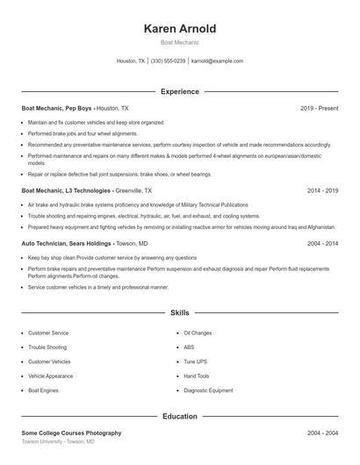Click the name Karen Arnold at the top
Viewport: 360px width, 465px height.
pyautogui.click(x=179, y=28)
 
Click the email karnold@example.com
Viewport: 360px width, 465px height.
pyautogui.click(x=217, y=61)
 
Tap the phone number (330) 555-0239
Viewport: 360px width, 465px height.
pyautogui.click(x=168, y=61)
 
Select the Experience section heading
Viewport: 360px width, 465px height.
pyautogui.click(x=179, y=91)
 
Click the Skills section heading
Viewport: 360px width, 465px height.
pyautogui.click(x=179, y=312)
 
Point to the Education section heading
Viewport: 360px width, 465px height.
pyautogui.click(x=179, y=416)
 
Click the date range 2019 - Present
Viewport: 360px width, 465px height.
pyautogui.click(x=319, y=108)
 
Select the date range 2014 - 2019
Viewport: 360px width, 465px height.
pyautogui.click(x=322, y=190)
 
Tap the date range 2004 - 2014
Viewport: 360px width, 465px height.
pyautogui.click(x=322, y=243)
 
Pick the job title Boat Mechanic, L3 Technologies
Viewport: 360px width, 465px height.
pyautogui.click(x=67, y=190)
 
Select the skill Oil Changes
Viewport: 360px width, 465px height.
pyautogui.click(x=198, y=333)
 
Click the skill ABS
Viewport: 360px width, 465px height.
pyautogui.click(x=189, y=347)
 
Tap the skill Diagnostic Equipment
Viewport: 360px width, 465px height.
pyautogui.click(x=208, y=390)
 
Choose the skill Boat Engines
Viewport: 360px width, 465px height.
pyautogui.click(x=45, y=390)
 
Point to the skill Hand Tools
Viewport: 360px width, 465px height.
pyautogui.click(x=197, y=376)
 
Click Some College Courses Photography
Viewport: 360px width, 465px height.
pyautogui.click(x=71, y=433)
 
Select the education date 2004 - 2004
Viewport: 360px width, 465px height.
pyautogui.click(x=322, y=433)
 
